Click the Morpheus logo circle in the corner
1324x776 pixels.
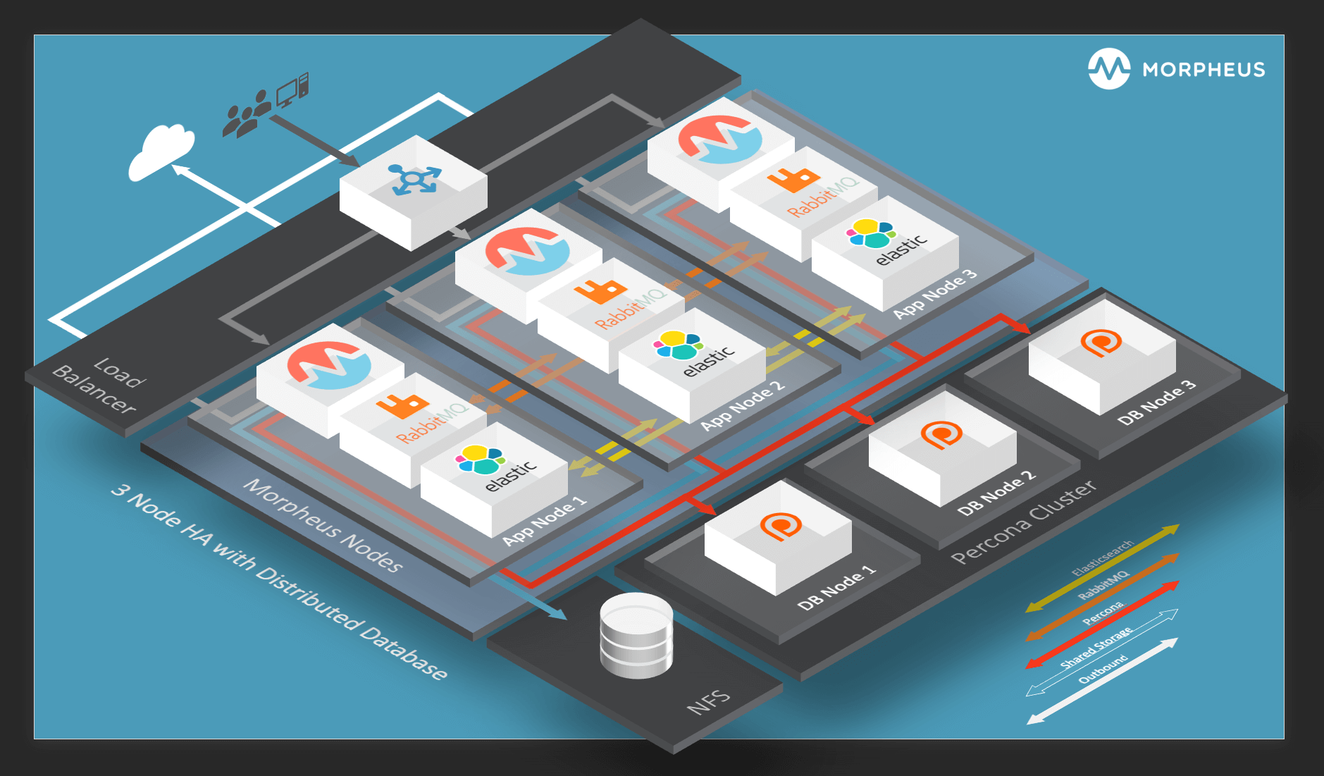pos(1108,69)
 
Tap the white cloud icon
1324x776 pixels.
pos(161,152)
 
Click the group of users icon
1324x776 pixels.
pos(246,114)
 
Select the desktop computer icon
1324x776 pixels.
pos(292,90)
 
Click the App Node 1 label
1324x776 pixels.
pos(544,520)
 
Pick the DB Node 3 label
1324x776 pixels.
pos(1156,402)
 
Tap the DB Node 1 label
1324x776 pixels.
pos(836,586)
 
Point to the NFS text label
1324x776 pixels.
pos(708,701)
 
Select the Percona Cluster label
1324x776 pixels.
pos(1023,522)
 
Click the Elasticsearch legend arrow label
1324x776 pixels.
pos(1102,558)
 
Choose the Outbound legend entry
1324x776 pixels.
pos(1103,669)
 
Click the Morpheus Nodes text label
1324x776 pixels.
pos(323,525)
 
